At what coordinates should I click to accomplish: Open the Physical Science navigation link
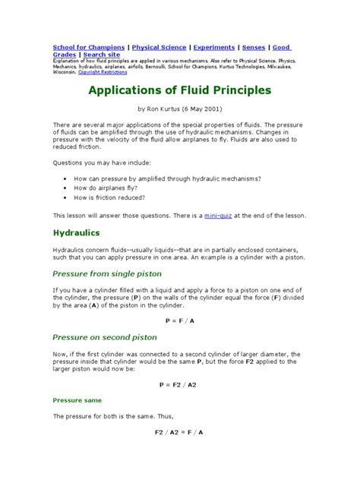tap(159, 47)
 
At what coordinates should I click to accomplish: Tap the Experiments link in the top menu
tap(216, 47)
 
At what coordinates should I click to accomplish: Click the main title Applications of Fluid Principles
tap(179, 90)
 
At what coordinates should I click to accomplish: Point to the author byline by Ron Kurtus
tap(179, 109)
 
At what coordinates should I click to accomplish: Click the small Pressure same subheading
tap(77, 399)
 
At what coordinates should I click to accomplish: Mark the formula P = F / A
tap(179, 321)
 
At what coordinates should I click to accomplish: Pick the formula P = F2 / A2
tap(179, 384)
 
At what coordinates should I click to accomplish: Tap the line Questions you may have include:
tap(101, 162)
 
